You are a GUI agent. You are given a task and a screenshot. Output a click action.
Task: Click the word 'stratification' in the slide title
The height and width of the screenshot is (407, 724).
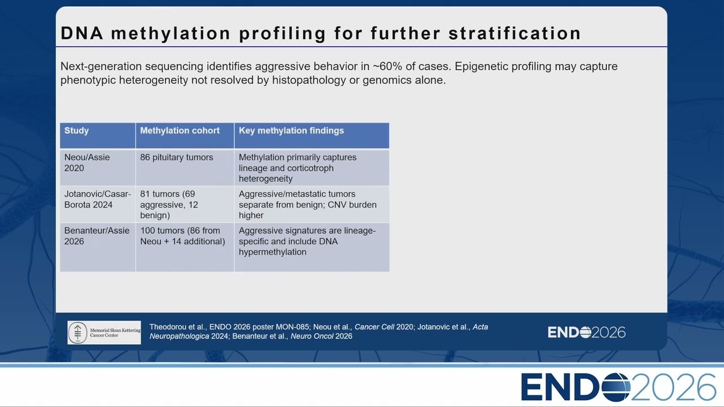click(x=515, y=33)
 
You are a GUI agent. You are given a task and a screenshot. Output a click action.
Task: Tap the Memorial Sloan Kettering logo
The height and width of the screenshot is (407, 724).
click(x=104, y=332)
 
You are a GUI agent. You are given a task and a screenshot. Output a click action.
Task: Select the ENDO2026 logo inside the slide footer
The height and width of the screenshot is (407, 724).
click(x=587, y=332)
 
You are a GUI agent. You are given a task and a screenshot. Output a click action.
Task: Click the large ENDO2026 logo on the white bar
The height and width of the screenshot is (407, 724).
click(x=618, y=387)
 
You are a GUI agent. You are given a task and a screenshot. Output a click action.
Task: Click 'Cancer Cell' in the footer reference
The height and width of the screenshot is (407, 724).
click(x=374, y=327)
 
